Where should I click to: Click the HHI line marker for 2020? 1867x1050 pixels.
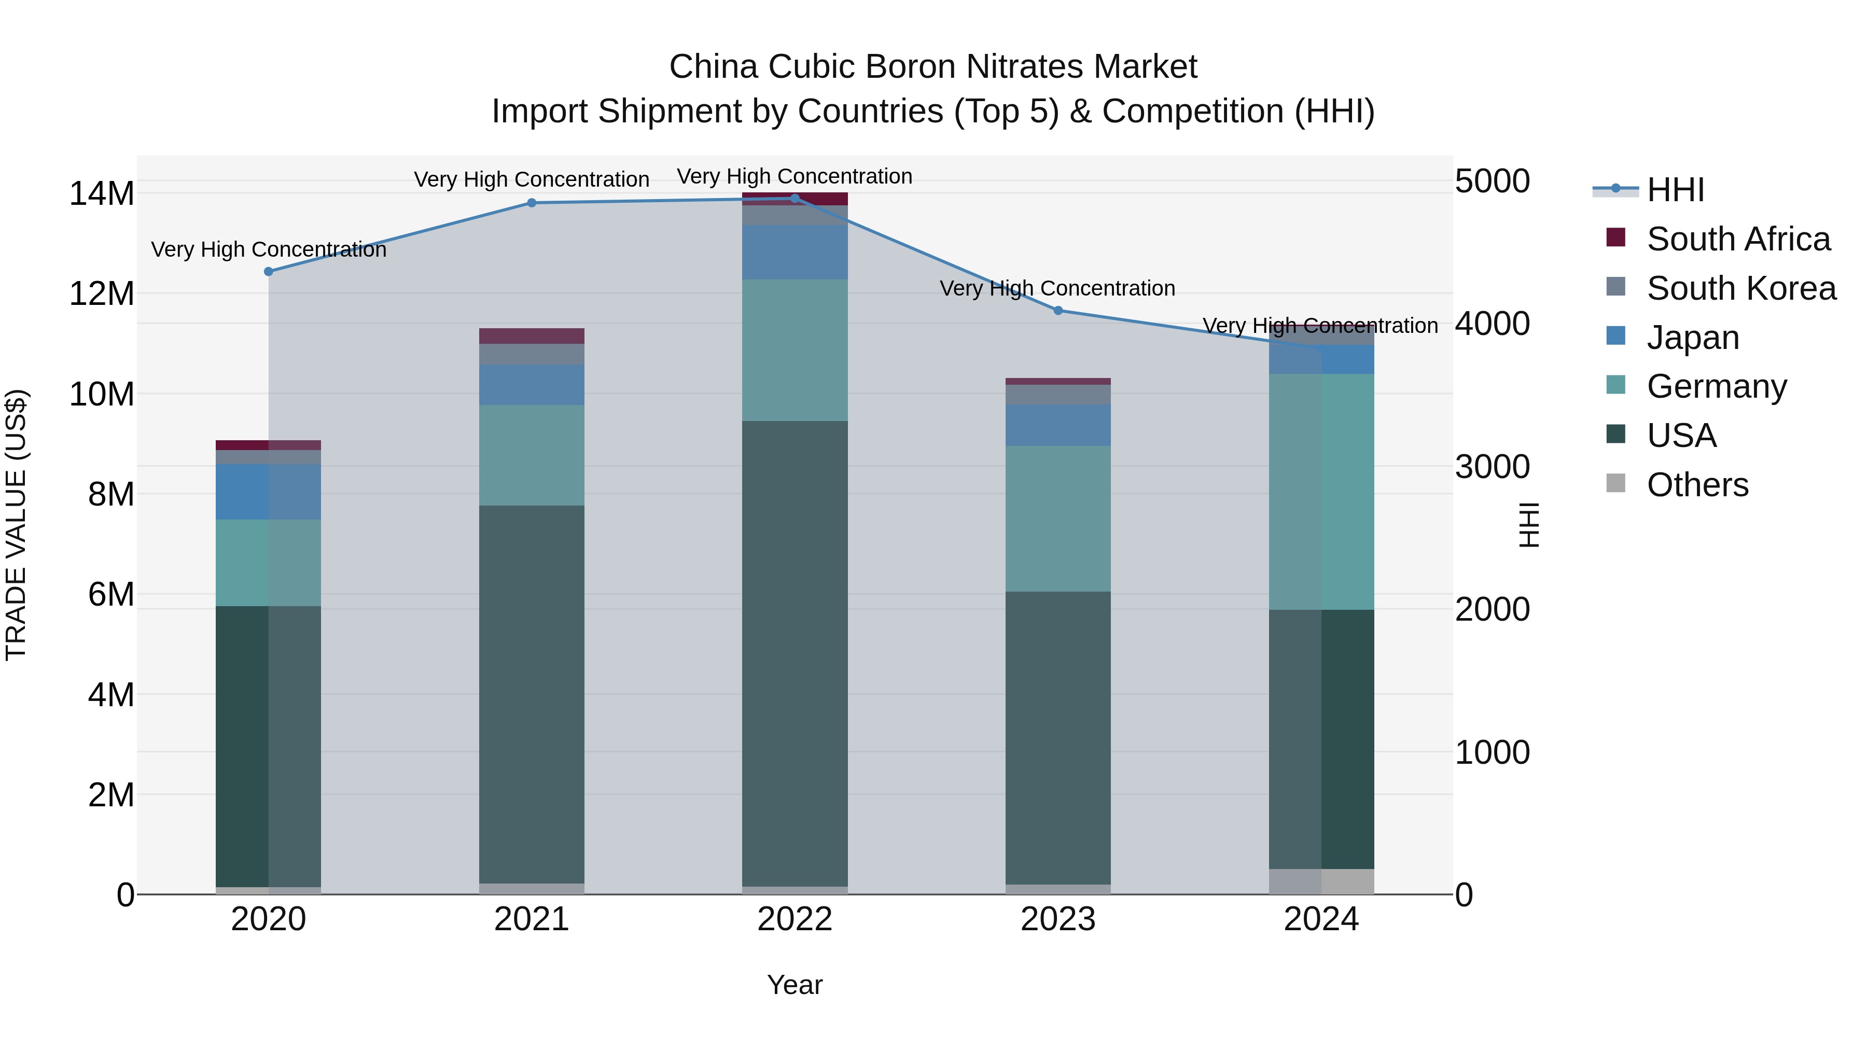pos(268,272)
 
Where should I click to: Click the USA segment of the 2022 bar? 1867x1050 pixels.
pos(795,652)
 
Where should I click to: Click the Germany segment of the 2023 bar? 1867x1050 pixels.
pos(1057,518)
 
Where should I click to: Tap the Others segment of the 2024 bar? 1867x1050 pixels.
pos(1321,881)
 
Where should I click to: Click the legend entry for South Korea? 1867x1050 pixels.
pos(1741,288)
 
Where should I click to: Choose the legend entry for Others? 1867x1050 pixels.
pos(1697,485)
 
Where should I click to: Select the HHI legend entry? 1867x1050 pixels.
pos(1675,190)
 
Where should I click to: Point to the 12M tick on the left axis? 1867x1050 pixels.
pos(102,294)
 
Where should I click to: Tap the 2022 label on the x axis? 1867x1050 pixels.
pos(795,919)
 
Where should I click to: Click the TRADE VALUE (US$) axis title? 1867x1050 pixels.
pos(16,525)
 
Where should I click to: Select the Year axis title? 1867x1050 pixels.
pos(795,985)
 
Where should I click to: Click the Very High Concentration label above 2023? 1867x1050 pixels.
pos(1057,288)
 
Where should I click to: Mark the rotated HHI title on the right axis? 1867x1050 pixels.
pos(1529,525)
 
